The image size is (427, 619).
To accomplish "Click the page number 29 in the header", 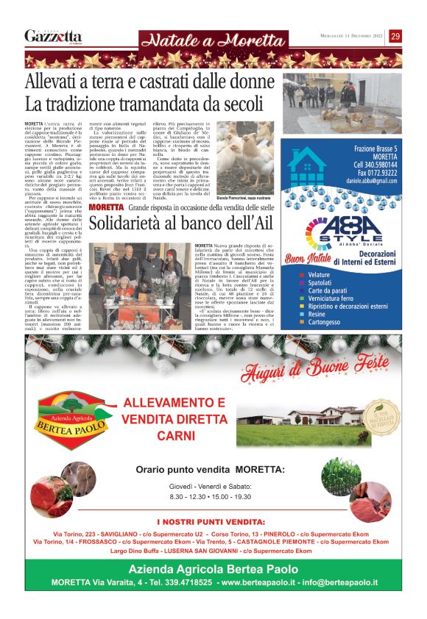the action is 396,36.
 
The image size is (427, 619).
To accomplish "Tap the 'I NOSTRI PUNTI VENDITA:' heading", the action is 213,521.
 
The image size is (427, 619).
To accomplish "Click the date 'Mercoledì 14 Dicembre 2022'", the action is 347,37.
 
